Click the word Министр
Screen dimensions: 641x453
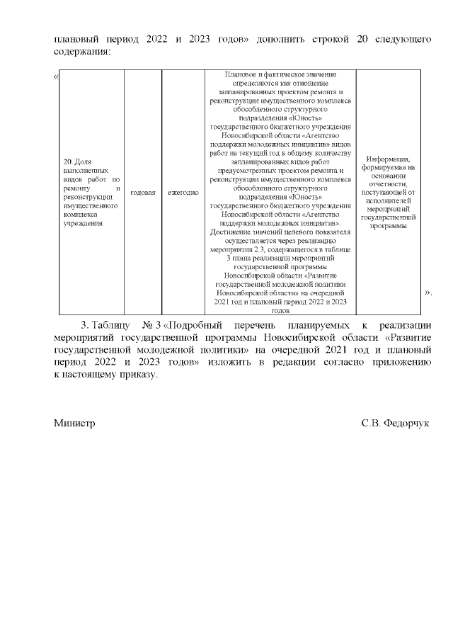tap(74, 423)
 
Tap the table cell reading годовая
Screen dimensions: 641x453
tap(143, 193)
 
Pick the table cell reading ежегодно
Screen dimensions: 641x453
tap(183, 193)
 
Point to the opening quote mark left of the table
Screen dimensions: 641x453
tap(56, 75)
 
